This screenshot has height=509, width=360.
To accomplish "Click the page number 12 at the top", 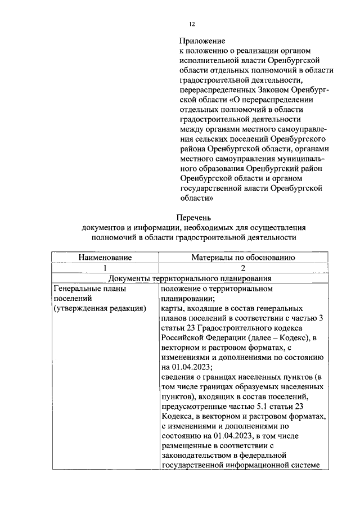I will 191,24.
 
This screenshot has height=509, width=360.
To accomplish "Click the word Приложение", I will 202,41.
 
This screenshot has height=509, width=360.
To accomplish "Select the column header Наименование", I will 105,258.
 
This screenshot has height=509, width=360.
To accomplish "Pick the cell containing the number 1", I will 105,268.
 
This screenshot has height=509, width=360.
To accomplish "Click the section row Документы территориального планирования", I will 190,278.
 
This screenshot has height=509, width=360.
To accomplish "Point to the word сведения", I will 179,377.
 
